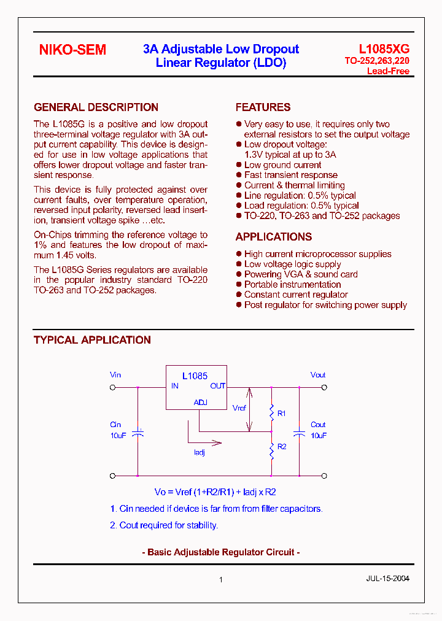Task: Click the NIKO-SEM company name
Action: point(72,50)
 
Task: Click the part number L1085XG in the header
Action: point(384,49)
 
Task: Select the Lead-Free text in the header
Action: point(388,71)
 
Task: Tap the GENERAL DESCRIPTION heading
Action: point(96,107)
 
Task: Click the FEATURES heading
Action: point(263,107)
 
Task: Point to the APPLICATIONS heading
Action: point(273,237)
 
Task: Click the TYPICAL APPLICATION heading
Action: point(92,340)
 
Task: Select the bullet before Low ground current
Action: point(239,165)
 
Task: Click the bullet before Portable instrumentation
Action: point(239,285)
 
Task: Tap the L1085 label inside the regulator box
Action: point(195,376)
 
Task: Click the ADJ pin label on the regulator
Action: point(200,403)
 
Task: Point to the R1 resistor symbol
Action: point(271,414)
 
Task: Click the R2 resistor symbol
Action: point(271,452)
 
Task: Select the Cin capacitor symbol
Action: point(138,433)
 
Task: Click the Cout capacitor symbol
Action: point(299,433)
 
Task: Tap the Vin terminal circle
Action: point(112,387)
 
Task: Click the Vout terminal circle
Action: point(325,387)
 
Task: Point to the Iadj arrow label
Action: point(199,452)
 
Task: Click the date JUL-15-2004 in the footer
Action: point(387,578)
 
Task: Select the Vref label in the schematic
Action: point(239,407)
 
